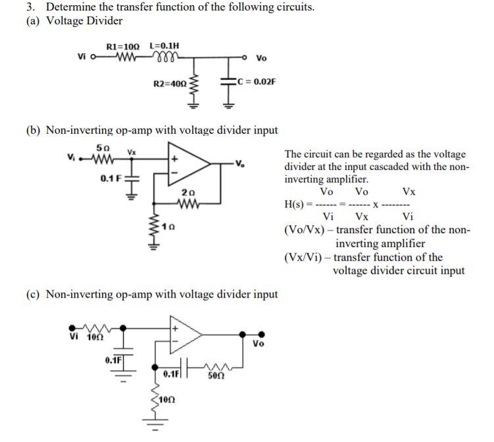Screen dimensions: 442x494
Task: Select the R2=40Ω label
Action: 169,84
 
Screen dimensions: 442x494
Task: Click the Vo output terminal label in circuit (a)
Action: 261,58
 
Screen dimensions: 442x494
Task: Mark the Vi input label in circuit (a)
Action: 82,57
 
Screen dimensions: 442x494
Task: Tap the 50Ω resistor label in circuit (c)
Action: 215,375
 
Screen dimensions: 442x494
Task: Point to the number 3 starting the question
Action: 30,7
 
